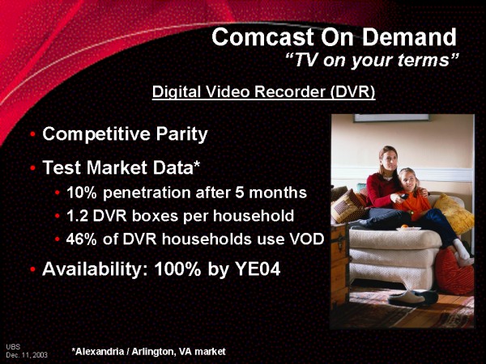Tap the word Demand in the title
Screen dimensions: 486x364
409,37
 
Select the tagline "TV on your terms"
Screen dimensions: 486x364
372,60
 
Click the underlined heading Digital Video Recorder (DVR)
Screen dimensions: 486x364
264,92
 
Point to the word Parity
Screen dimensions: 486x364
181,134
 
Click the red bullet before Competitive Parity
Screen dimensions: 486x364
33,134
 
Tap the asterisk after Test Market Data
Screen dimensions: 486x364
197,164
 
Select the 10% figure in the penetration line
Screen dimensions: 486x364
82,193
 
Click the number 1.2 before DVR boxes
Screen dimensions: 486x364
77,216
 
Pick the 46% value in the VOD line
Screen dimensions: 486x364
82,239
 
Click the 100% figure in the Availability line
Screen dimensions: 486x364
178,269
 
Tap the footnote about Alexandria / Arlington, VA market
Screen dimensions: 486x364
149,352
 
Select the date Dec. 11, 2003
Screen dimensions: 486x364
27,355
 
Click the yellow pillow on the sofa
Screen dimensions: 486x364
454,213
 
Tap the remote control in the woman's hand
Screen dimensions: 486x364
403,197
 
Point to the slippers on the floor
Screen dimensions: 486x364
413,297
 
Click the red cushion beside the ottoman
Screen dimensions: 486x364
455,271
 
